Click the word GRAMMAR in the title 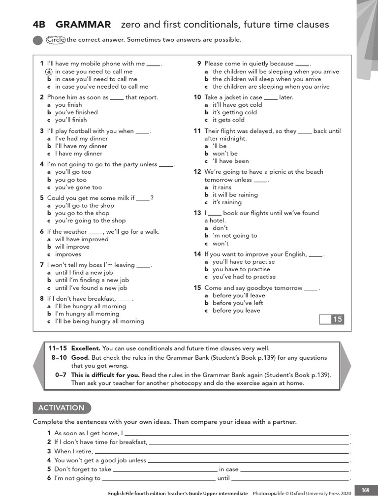pyautogui.click(x=83, y=25)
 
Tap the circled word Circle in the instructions pyautogui.click(x=56, y=40)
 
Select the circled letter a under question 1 pyautogui.click(x=49, y=71)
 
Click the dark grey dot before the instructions pyautogui.click(x=37, y=40)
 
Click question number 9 pyautogui.click(x=199, y=63)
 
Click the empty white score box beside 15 pyautogui.click(x=325, y=320)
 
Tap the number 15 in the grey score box pyautogui.click(x=337, y=320)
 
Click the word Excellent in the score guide pyautogui.click(x=86, y=348)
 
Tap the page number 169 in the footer pyautogui.click(x=365, y=490)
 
